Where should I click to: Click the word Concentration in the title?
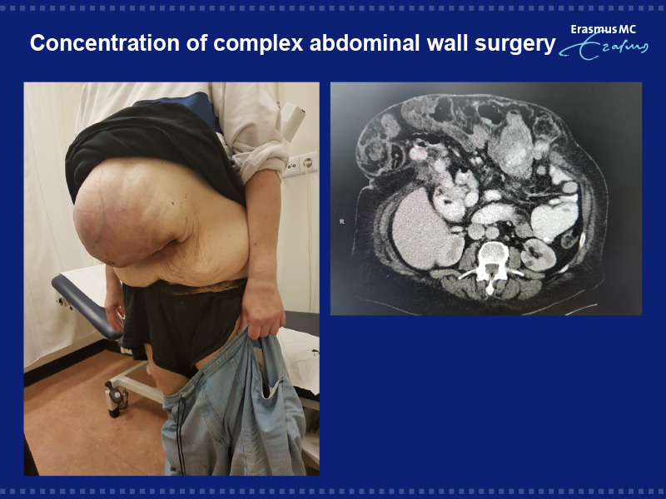coord(105,43)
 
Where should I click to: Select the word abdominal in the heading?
coord(365,43)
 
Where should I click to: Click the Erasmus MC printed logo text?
coord(603,29)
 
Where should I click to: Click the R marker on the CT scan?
coord(341,221)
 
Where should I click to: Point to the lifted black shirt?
coord(153,144)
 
